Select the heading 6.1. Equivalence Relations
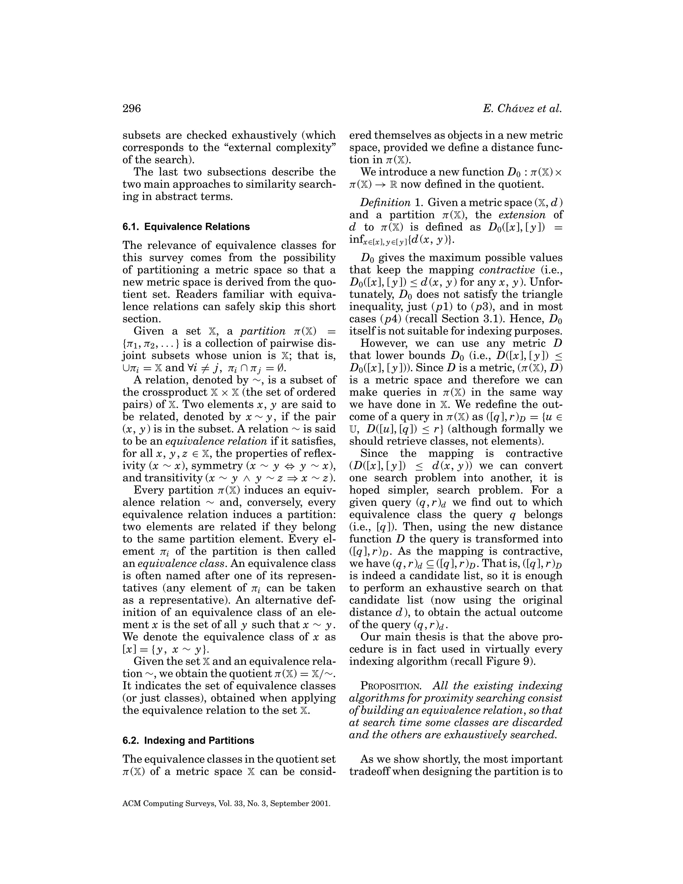[x=186, y=227]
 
